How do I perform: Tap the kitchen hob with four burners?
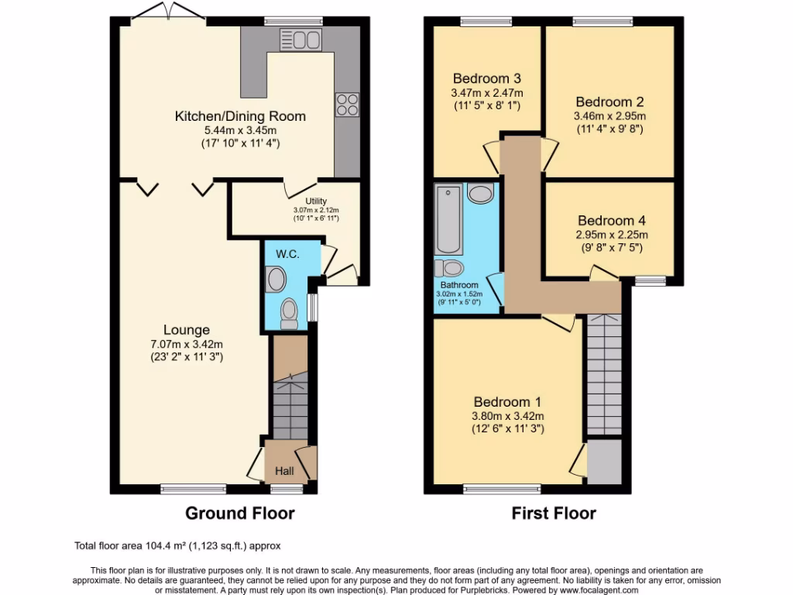[347, 105]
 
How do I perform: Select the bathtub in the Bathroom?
[449, 219]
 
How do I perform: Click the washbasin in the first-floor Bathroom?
[481, 193]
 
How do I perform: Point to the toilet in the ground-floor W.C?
[290, 311]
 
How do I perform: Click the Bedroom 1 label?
[507, 402]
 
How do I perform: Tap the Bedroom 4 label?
[611, 220]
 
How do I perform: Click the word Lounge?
[186, 330]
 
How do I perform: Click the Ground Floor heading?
[240, 513]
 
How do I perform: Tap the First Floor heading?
[554, 513]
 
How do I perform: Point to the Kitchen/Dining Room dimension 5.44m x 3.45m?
[241, 131]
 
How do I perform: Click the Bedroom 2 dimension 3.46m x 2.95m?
[609, 116]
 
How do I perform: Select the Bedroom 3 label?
[486, 78]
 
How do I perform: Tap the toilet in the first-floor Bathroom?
[449, 269]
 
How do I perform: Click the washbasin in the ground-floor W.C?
[275, 279]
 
